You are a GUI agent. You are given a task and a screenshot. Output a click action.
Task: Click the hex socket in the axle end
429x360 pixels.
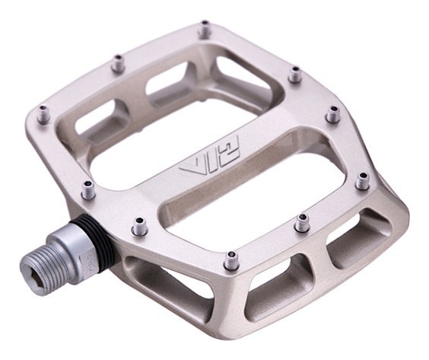point(36,265)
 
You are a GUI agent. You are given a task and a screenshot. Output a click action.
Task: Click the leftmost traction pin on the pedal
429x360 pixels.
point(44,115)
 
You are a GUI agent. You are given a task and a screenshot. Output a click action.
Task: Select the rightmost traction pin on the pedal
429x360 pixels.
point(362,180)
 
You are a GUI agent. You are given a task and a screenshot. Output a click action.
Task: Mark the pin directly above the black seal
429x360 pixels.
point(88,189)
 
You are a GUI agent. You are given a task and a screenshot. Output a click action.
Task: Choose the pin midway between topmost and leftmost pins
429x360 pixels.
point(117,64)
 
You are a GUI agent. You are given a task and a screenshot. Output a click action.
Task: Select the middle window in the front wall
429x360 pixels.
point(278,278)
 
